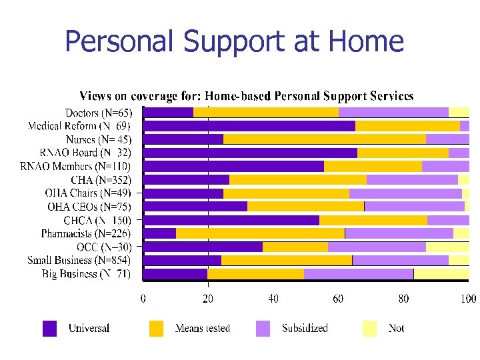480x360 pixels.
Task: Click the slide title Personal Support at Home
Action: pyautogui.click(x=234, y=41)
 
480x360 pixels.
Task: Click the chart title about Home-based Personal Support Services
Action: pyautogui.click(x=246, y=97)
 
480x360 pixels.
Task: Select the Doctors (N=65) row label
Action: pyautogui.click(x=98, y=113)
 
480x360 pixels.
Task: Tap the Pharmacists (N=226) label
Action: pyautogui.click(x=85, y=233)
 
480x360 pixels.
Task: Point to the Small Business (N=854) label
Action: pyautogui.click(x=79, y=260)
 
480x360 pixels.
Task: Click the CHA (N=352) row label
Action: pyautogui.click(x=101, y=180)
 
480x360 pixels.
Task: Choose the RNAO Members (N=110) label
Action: pyautogui.click(x=75, y=166)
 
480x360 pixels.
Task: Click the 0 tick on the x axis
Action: pyautogui.click(x=143, y=298)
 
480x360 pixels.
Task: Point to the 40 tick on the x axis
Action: pyautogui.click(x=273, y=298)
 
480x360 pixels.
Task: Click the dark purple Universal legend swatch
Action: pyautogui.click(x=50, y=328)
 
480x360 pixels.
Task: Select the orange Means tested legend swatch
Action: pyautogui.click(x=156, y=328)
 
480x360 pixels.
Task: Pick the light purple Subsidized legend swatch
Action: pyautogui.click(x=263, y=328)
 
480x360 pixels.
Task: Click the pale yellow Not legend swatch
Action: pyautogui.click(x=369, y=328)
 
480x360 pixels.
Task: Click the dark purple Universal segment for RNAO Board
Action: pyautogui.click(x=250, y=153)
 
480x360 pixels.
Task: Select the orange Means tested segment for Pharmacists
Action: pyautogui.click(x=260, y=233)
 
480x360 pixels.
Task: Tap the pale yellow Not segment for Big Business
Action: pyautogui.click(x=441, y=273)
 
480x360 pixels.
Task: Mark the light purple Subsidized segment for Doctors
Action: pyautogui.click(x=393, y=112)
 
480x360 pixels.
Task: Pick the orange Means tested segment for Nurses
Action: pyautogui.click(x=324, y=139)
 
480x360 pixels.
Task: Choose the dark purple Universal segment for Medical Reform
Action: pyautogui.click(x=249, y=125)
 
